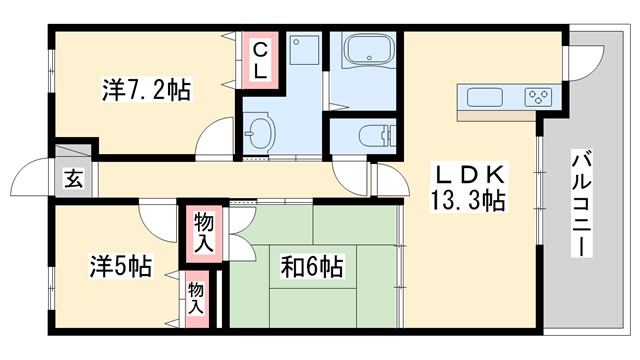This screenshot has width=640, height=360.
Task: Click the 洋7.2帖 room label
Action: tap(145, 91)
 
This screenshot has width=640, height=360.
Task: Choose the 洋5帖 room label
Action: tap(121, 267)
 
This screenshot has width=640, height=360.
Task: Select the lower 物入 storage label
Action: tap(196, 298)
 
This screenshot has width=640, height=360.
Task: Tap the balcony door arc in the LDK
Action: tap(578, 66)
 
